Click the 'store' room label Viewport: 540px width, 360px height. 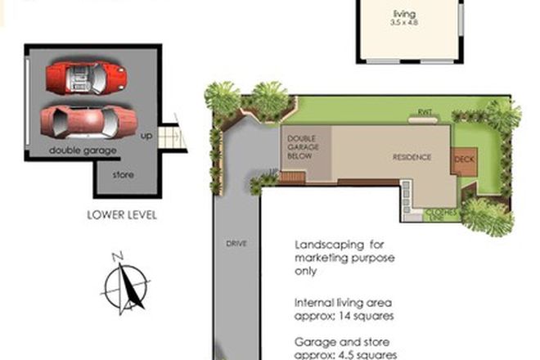(124, 174)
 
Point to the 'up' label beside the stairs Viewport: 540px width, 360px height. (147, 135)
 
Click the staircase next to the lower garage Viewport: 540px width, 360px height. (171, 135)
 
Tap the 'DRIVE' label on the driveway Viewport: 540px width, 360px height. (237, 244)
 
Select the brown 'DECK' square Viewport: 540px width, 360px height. (463, 159)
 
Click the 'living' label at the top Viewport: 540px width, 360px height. (404, 14)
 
